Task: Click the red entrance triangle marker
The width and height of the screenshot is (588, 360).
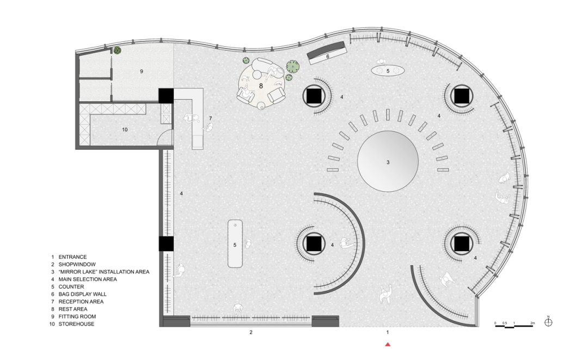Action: pyautogui.click(x=388, y=344)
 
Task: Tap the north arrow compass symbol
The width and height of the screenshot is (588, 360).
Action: pyautogui.click(x=548, y=322)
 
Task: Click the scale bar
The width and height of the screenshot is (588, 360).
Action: pyautogui.click(x=514, y=326)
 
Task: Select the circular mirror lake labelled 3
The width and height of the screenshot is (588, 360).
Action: pyautogui.click(x=388, y=161)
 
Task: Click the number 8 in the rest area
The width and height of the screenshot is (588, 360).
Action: pyautogui.click(x=261, y=86)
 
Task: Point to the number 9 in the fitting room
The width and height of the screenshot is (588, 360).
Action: pyautogui.click(x=142, y=71)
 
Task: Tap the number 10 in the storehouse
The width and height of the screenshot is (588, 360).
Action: pyautogui.click(x=125, y=130)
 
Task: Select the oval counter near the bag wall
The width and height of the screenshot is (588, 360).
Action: pyautogui.click(x=388, y=70)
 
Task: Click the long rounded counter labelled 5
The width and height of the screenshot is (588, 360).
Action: pyautogui.click(x=235, y=244)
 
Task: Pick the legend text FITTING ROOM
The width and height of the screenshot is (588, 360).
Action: pyautogui.click(x=77, y=316)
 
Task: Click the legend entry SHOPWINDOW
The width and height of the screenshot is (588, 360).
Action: pyautogui.click(x=77, y=264)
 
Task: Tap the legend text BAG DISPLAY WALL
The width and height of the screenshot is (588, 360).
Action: pyautogui.click(x=83, y=294)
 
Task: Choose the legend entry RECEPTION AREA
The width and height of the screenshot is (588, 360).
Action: pyautogui.click(x=81, y=302)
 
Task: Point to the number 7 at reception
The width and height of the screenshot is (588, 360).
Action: pyautogui.click(x=210, y=119)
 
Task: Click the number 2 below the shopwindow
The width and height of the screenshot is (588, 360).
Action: pyautogui.click(x=251, y=332)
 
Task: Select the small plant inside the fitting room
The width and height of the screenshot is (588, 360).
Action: pyautogui.click(x=118, y=50)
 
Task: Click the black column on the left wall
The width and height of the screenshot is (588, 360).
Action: pyautogui.click(x=166, y=244)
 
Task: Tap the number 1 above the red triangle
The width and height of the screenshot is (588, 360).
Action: pyautogui.click(x=388, y=332)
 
